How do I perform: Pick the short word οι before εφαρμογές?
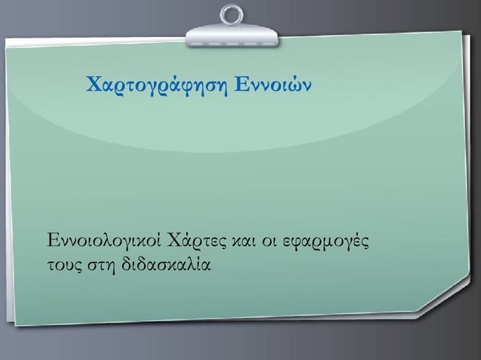pyautogui.click(x=268, y=243)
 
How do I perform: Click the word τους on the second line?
pyautogui.click(x=62, y=265)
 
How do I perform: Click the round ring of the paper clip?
pyautogui.click(x=231, y=14)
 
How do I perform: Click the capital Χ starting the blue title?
pyautogui.click(x=93, y=81)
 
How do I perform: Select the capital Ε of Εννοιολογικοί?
pyautogui.click(x=53, y=243)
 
